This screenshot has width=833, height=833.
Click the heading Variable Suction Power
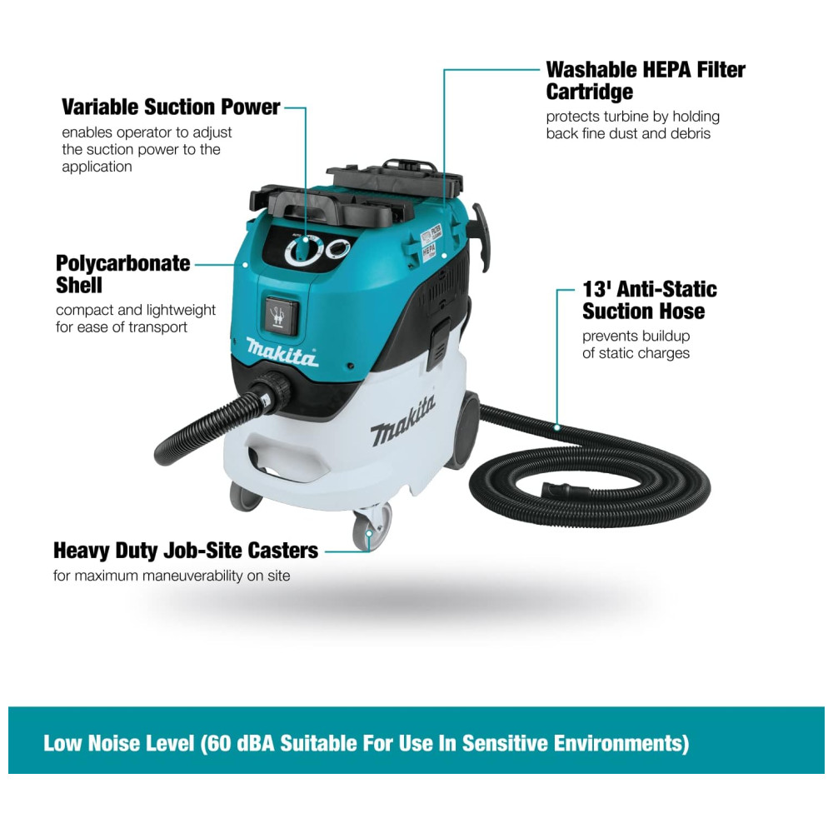click(x=171, y=107)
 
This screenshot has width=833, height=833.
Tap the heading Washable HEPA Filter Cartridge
click(x=646, y=81)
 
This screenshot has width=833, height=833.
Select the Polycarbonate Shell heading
click(x=122, y=274)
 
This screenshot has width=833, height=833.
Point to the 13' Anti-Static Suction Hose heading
click(x=649, y=300)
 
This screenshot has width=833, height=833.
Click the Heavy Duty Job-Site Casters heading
click(x=186, y=551)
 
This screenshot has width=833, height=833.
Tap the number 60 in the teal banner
click(x=218, y=743)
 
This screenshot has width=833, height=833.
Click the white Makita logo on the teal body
click(x=282, y=353)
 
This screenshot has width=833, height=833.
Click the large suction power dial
click(x=304, y=250)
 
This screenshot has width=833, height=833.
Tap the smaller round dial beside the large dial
click(x=337, y=247)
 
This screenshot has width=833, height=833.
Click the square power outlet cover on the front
click(x=281, y=315)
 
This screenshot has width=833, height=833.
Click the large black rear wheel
click(x=463, y=431)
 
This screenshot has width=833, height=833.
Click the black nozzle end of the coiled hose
click(x=565, y=491)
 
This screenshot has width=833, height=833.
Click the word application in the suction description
click(x=97, y=167)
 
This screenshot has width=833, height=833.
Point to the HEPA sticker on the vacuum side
click(x=429, y=250)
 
